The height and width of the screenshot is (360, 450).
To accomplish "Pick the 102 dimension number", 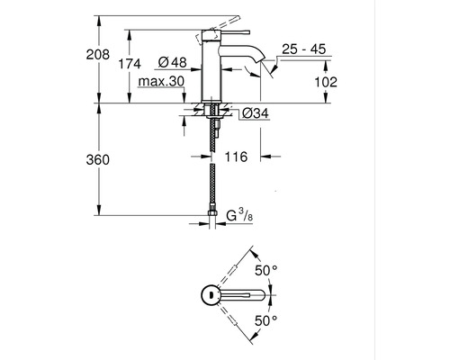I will tap(325, 82).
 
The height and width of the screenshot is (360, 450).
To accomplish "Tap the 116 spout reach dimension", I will tap(235, 157).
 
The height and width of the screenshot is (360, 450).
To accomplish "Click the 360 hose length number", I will tap(110, 159).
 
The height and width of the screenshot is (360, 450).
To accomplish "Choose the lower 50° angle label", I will tap(266, 319).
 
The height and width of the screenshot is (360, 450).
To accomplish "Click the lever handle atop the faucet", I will tap(229, 22).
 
